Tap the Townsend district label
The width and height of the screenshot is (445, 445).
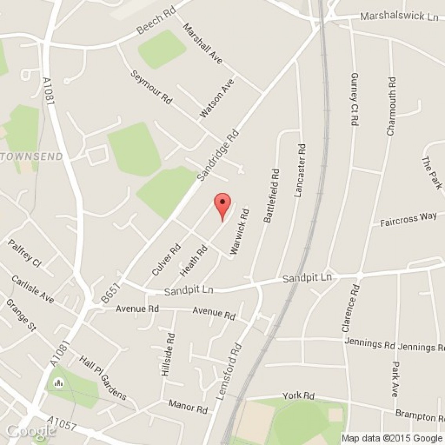click(x=31, y=157)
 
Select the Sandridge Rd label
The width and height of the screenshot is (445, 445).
click(x=218, y=155)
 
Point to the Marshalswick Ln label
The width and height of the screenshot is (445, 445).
click(x=399, y=16)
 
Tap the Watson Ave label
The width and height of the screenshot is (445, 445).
click(x=217, y=98)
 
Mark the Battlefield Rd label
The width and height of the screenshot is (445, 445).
click(x=272, y=196)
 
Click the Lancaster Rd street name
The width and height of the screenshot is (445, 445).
click(x=300, y=171)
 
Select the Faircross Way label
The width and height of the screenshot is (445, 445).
click(x=408, y=220)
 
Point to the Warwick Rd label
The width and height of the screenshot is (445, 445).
click(x=240, y=232)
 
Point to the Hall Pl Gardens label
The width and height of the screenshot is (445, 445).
click(x=103, y=378)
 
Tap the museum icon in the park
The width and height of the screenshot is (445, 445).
click(x=59, y=382)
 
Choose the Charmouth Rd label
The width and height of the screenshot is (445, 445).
click(x=391, y=107)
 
